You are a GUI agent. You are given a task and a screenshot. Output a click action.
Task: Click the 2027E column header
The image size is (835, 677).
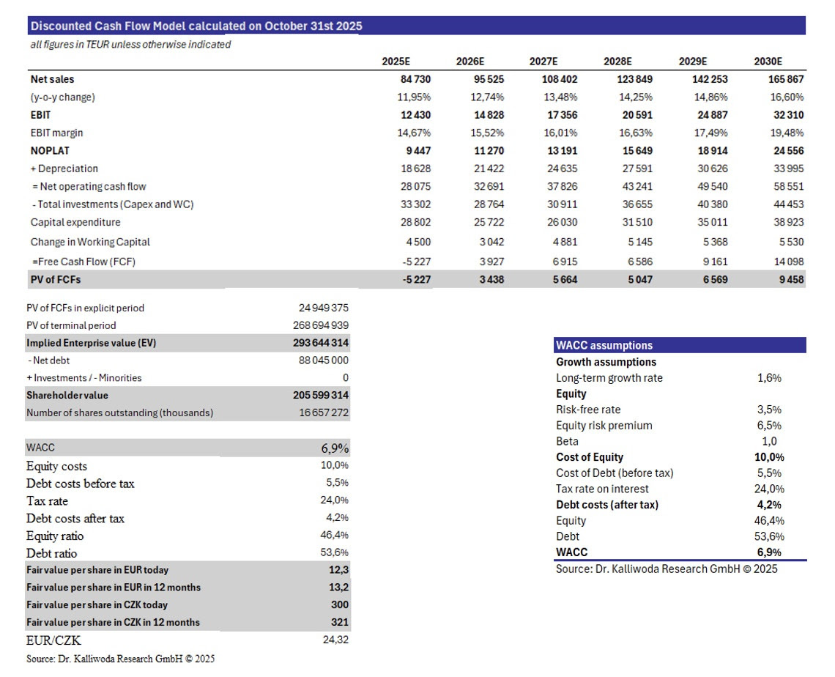pyautogui.click(x=543, y=62)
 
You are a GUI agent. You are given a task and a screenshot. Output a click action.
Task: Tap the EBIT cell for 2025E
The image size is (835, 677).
pyautogui.click(x=415, y=115)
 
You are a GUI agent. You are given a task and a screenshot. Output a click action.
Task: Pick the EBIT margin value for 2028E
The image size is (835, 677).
pyautogui.click(x=635, y=133)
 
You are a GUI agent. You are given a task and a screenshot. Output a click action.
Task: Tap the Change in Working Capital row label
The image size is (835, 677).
pyautogui.click(x=91, y=242)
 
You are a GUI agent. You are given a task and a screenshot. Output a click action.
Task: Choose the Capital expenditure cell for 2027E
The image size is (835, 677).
pyautogui.click(x=562, y=222)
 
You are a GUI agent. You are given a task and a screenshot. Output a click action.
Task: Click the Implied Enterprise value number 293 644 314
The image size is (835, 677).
pyautogui.click(x=320, y=343)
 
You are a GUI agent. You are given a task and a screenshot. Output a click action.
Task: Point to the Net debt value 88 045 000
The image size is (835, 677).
pyautogui.click(x=323, y=360)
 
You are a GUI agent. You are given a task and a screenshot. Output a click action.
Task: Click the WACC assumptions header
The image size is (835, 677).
pyautogui.click(x=604, y=346)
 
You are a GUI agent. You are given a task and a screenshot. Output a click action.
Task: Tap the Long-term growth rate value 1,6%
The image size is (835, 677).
pyautogui.click(x=769, y=378)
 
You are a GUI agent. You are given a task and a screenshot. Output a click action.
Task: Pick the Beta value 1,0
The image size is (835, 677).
pyautogui.click(x=769, y=441)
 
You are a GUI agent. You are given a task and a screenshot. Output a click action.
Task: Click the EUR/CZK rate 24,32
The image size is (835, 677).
pyautogui.click(x=335, y=640)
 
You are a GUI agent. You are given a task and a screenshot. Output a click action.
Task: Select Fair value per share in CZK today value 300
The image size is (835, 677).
pyautogui.click(x=340, y=604)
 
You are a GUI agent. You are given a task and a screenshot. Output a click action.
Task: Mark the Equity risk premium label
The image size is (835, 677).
pyautogui.click(x=604, y=426)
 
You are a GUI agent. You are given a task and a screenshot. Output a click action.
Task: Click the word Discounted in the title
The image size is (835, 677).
pyautogui.click(x=61, y=26)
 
